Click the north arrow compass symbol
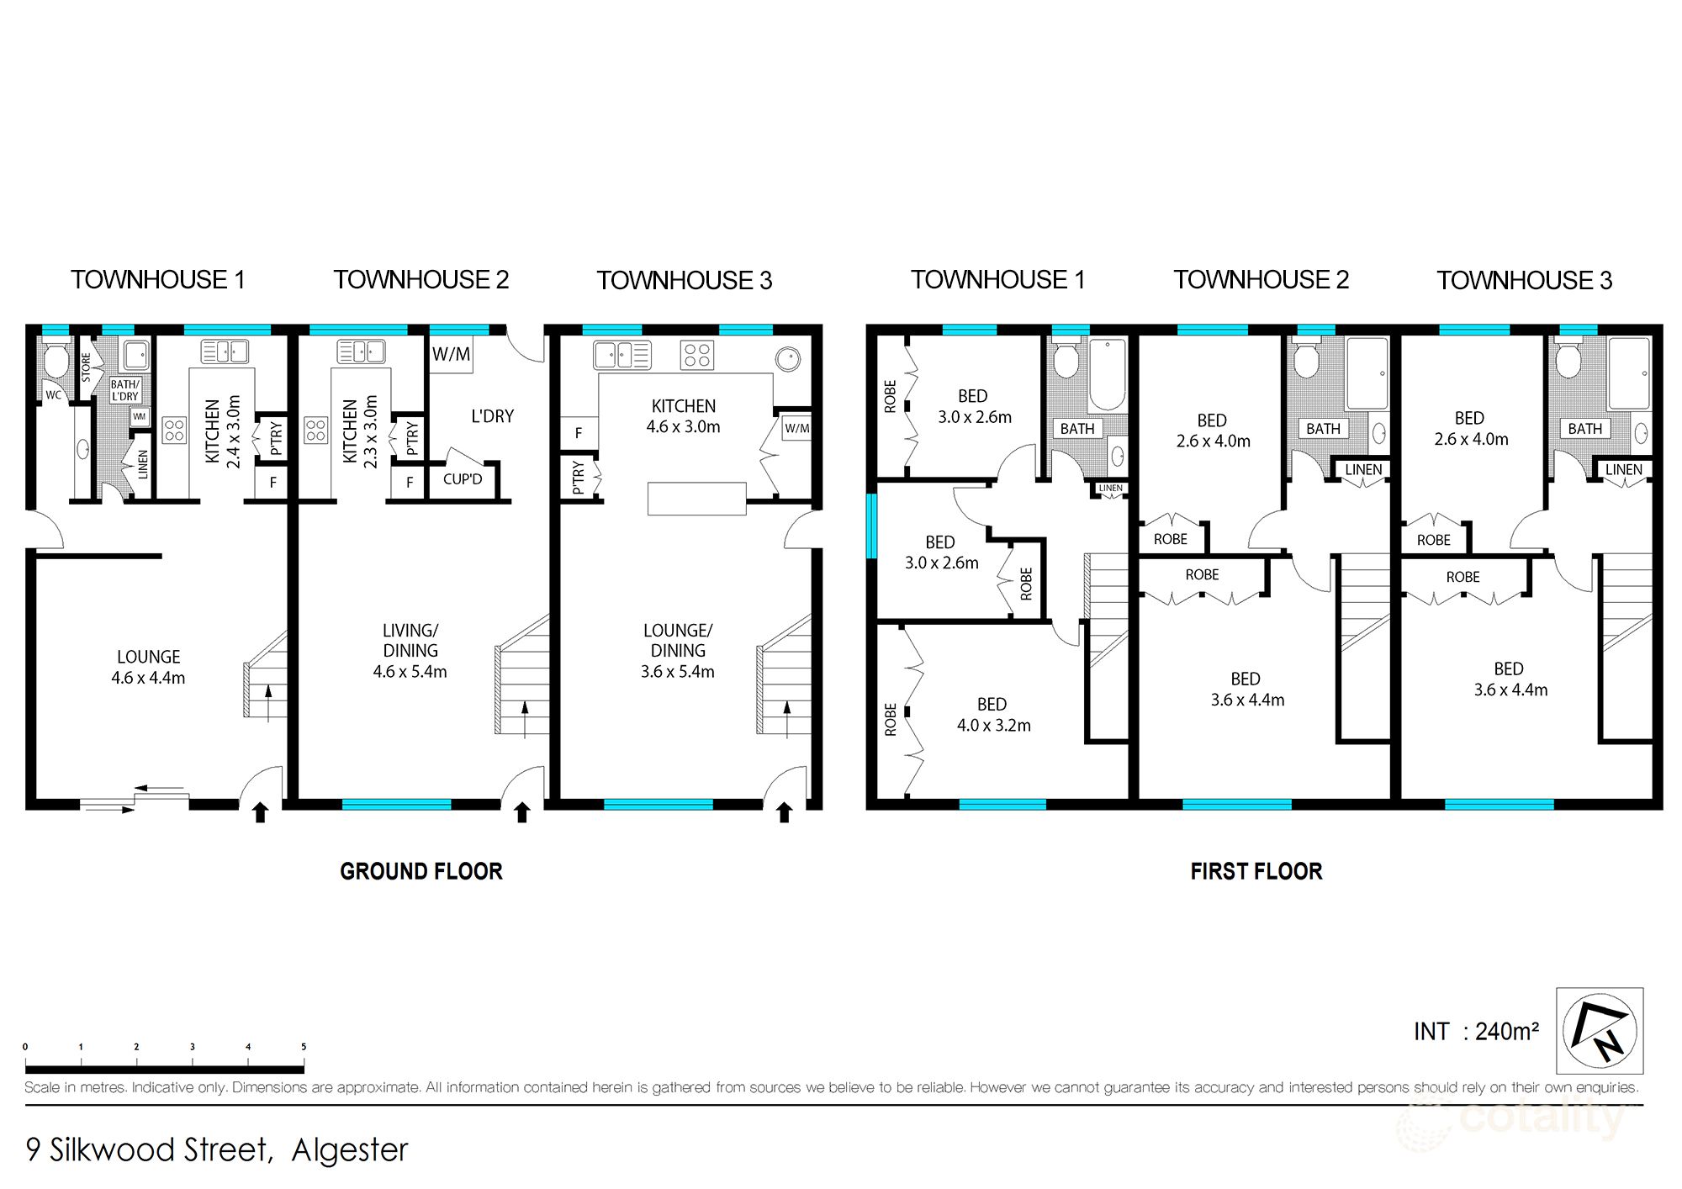1599,1031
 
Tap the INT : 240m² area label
1476,1032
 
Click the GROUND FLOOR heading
421,871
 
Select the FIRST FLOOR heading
1256,871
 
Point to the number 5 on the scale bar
304,1047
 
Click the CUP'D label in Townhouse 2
463,479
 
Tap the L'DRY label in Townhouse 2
492,416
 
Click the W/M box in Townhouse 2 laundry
451,354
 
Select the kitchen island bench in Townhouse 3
696,498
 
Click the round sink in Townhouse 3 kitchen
789,359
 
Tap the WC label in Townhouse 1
53,394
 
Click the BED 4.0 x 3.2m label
993,715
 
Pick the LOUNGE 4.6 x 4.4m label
148,667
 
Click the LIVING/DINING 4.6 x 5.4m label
410,651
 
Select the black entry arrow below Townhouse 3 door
784,812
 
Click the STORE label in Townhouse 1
86,367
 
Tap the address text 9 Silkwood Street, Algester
217,1149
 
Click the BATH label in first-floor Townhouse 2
1323,429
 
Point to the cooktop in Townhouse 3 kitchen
697,355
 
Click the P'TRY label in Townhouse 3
579,477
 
